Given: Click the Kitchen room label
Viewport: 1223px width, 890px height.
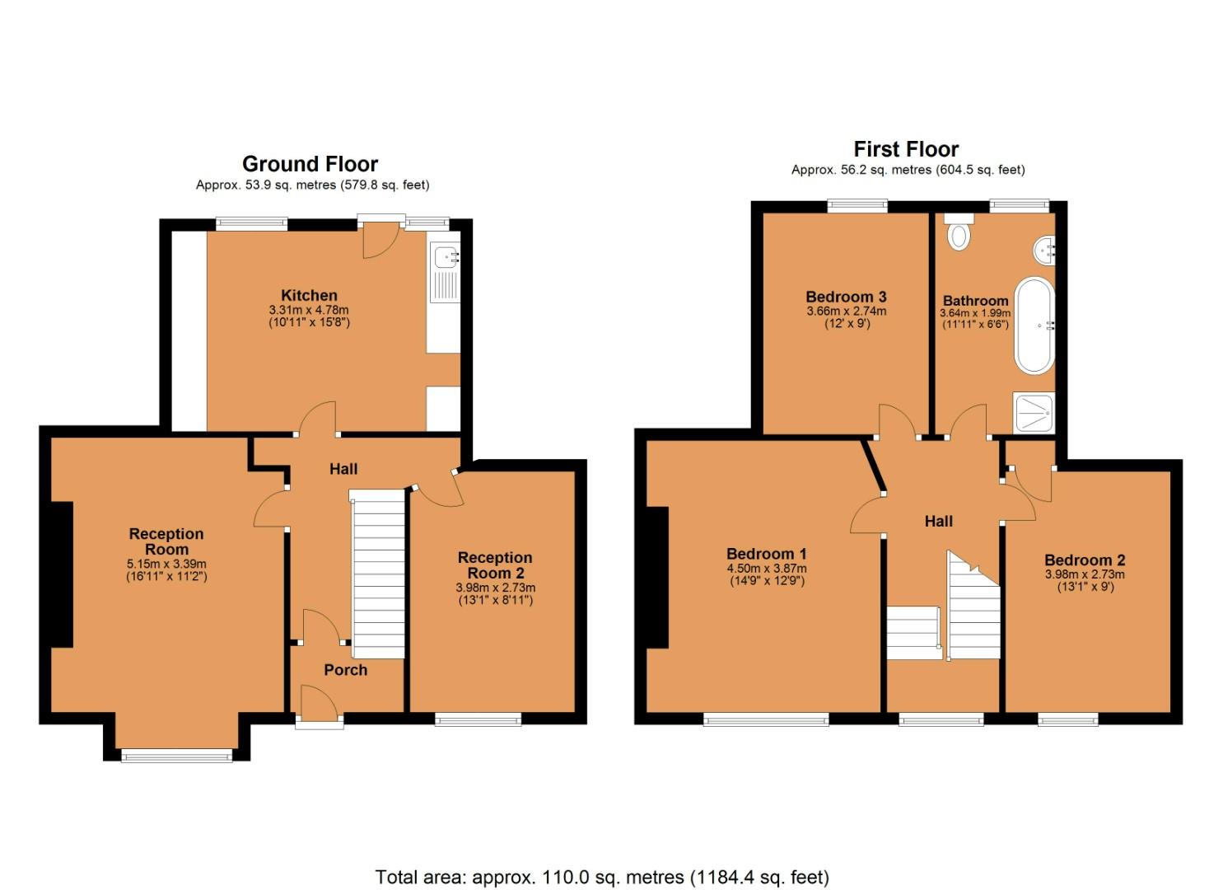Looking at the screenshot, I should click(x=309, y=295).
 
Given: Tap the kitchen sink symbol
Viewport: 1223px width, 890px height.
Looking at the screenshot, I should click(x=446, y=272).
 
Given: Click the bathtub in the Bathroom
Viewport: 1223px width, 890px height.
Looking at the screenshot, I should click(x=1033, y=326).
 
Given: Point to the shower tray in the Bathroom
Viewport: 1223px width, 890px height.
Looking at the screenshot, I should click(x=1033, y=413).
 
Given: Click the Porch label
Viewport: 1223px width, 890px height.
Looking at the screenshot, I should click(x=345, y=670).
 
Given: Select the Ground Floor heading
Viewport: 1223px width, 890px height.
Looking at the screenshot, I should click(x=310, y=163).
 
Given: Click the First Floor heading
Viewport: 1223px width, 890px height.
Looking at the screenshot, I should click(x=906, y=149).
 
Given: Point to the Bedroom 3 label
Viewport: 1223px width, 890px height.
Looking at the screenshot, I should click(x=846, y=297).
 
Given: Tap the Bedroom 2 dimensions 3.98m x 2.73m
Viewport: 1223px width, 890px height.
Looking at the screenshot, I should click(x=1085, y=574).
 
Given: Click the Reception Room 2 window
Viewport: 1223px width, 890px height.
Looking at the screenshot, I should click(x=478, y=719).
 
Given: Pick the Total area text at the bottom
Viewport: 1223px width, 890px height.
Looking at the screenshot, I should click(x=602, y=877).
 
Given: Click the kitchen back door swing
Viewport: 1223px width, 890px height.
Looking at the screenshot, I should click(x=380, y=240).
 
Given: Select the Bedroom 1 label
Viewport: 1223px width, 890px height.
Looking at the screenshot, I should click(x=766, y=554).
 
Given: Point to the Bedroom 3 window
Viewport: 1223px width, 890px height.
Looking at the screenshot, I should click(x=857, y=206).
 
